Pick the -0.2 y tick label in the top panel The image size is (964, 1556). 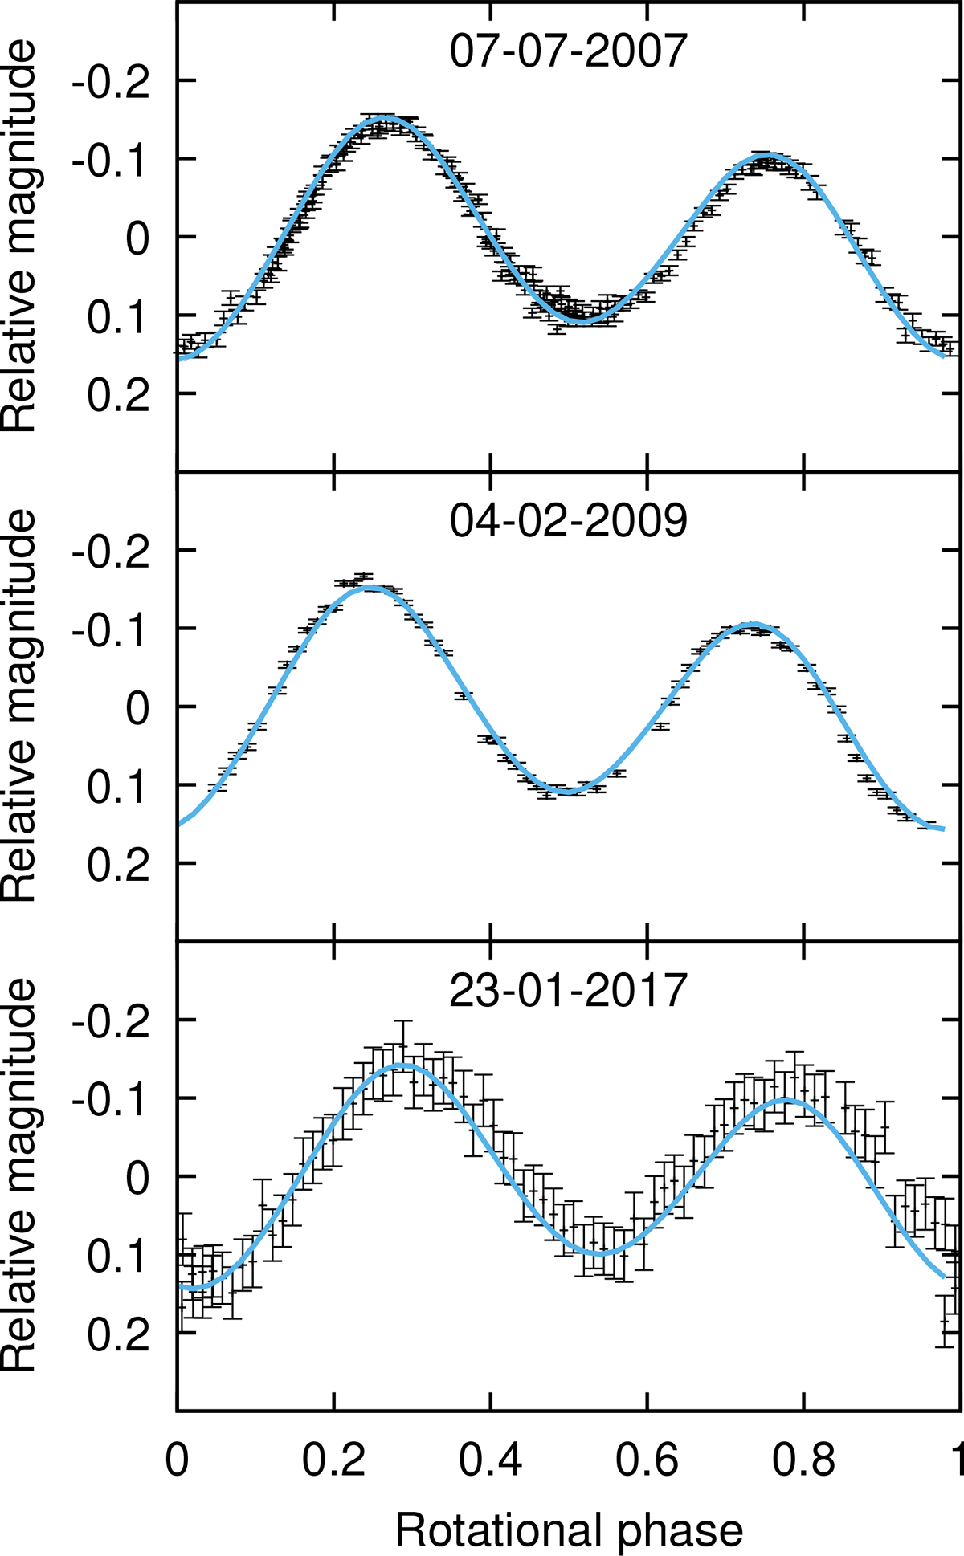tap(112, 81)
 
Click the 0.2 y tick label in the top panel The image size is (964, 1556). tap(119, 394)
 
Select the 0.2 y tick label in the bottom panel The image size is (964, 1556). tap(119, 1334)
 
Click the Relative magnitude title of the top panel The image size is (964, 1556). tap(20, 237)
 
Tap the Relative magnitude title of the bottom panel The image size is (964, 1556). tap(20, 1176)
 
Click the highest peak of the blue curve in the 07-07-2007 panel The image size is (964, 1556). tap(384, 118)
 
